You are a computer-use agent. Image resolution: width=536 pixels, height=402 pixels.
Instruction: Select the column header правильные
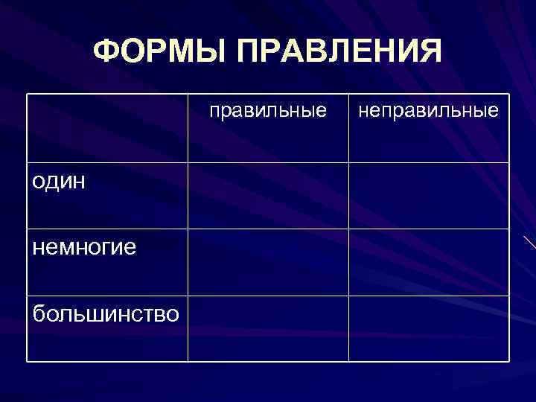click(268, 111)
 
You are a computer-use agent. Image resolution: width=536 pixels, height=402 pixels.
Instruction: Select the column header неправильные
click(429, 111)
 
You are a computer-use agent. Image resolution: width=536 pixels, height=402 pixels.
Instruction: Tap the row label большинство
click(105, 313)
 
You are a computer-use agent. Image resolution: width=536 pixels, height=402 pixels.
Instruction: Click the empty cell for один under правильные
click(268, 195)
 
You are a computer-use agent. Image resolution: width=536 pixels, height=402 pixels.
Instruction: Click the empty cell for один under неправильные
click(429, 195)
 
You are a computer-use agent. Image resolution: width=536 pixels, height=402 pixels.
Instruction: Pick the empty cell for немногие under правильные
click(268, 262)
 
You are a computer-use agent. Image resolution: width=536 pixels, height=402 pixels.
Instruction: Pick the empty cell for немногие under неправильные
click(429, 262)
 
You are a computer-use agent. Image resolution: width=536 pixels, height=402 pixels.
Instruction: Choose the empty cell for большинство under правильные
click(268, 328)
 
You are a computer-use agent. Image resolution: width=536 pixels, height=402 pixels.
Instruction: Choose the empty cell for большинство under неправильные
click(429, 328)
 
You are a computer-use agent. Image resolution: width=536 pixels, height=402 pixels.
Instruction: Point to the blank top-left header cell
click(107, 128)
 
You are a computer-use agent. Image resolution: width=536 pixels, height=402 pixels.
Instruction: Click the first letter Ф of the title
click(107, 51)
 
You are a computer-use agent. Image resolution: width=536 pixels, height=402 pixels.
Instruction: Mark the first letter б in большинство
click(39, 312)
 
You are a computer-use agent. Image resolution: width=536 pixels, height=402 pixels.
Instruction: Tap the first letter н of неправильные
click(364, 112)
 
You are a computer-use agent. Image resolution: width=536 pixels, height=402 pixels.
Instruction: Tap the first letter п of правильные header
click(214, 112)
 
